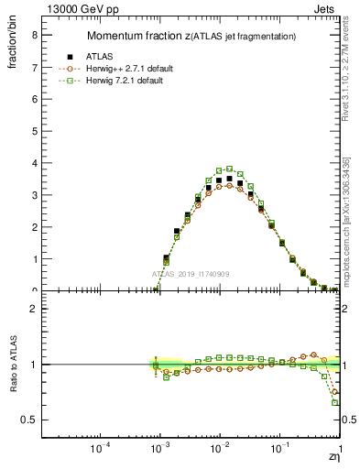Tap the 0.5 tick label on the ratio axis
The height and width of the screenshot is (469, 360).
click(29, 420)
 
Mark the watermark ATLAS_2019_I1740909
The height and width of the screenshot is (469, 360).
click(191, 274)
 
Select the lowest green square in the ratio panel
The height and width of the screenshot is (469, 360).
click(335, 402)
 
